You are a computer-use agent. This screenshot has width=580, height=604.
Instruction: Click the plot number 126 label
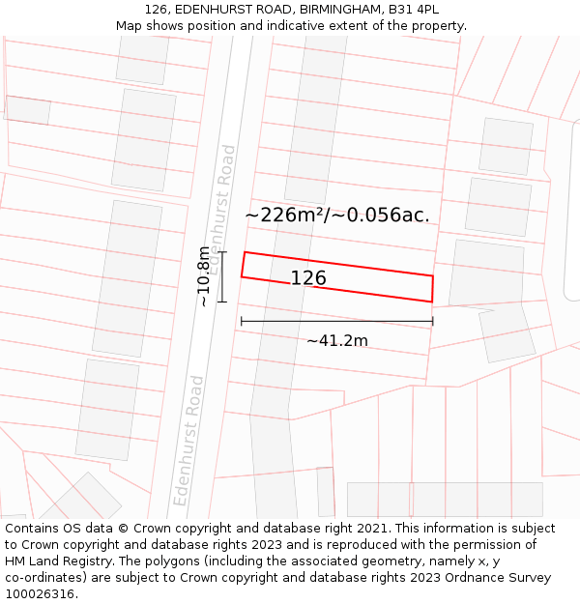[x=308, y=278]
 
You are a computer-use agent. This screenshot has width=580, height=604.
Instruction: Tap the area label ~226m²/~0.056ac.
[x=337, y=215]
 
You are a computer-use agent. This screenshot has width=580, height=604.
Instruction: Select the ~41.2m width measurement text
[x=337, y=340]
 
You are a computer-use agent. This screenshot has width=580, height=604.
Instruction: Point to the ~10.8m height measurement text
[x=203, y=276]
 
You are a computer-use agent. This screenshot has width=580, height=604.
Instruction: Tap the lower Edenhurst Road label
[x=189, y=440]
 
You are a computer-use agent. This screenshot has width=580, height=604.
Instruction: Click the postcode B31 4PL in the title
[x=414, y=10]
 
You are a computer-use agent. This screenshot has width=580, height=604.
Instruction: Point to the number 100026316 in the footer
[x=41, y=594]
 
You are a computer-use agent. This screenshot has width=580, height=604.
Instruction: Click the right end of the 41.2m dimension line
[x=433, y=321]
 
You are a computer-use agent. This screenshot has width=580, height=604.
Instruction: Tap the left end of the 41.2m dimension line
[x=241, y=321]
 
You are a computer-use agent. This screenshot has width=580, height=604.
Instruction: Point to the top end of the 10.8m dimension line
[x=221, y=252]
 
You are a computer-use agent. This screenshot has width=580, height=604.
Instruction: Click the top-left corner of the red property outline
[x=245, y=252]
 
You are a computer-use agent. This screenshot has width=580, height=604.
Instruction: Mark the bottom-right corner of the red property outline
[x=431, y=302]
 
